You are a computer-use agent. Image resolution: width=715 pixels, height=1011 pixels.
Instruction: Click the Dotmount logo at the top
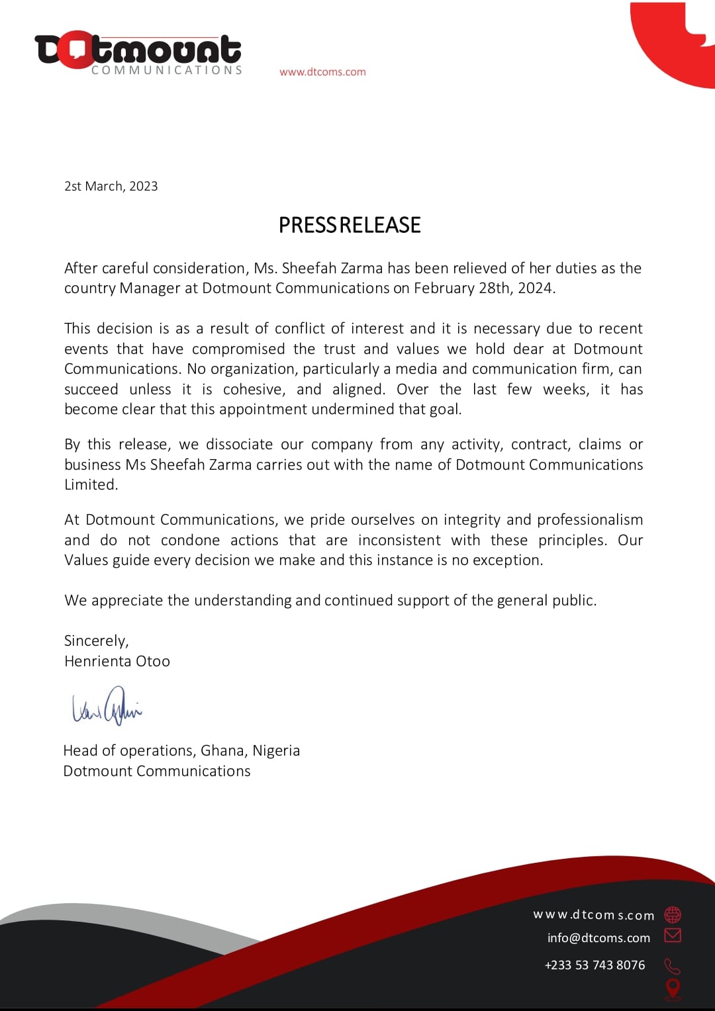tap(138, 52)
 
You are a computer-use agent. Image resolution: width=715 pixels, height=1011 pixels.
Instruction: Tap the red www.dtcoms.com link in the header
tap(322, 72)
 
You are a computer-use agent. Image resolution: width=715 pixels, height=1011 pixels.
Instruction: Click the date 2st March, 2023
tap(111, 187)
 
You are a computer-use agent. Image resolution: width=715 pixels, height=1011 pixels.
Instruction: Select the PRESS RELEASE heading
tap(350, 225)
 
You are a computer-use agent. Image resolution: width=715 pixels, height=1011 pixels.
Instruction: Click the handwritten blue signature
tap(107, 706)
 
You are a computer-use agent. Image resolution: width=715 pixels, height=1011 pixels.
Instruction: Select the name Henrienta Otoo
tap(117, 661)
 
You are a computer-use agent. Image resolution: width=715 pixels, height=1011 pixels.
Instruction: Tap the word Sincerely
tap(95, 640)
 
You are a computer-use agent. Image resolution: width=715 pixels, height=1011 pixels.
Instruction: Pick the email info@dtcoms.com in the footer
tap(598, 938)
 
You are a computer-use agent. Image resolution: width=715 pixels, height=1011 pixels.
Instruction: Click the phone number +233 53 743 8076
tap(595, 965)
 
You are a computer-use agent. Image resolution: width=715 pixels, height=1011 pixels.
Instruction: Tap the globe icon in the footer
tap(673, 914)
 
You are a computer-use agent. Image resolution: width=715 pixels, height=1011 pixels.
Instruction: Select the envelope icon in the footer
tap(673, 935)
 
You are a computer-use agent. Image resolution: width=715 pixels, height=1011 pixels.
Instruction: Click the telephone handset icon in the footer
tap(673, 966)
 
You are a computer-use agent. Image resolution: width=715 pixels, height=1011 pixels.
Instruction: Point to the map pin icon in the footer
tap(673, 989)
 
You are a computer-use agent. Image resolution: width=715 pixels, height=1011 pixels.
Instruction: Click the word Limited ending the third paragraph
tap(90, 484)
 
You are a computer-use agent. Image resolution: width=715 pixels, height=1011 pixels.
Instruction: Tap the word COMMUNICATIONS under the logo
tap(167, 70)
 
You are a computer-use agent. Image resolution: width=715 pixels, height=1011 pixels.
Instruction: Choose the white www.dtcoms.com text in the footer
tap(594, 915)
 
